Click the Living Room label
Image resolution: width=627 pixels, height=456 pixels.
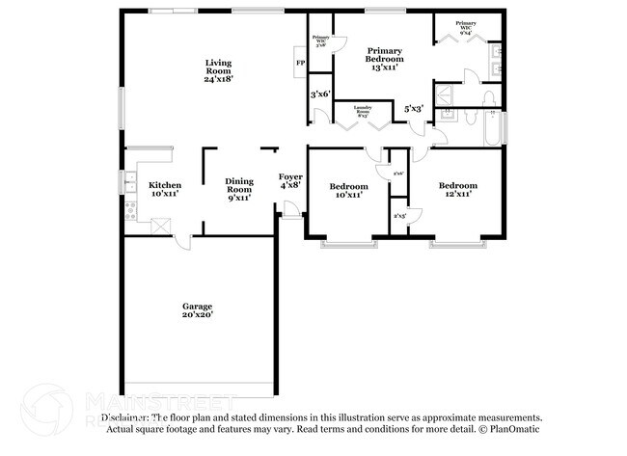pos(217,71)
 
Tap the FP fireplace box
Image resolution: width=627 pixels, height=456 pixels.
pos(300,65)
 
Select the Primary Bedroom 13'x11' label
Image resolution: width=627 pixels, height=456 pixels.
pos(383,59)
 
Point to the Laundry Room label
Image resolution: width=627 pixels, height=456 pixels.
pos(364,110)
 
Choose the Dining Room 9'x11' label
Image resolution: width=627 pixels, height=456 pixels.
pos(239,189)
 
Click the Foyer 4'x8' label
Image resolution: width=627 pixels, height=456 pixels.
pos(290,181)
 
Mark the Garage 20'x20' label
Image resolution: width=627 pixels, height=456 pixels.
pos(198,310)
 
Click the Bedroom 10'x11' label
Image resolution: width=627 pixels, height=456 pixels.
pos(348,190)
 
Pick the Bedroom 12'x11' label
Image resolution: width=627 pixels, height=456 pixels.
pos(457,190)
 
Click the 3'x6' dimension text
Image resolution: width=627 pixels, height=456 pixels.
pos(320,94)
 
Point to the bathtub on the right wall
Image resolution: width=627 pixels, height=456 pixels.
pos(492,129)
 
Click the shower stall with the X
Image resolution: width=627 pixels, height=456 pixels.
pos(447,94)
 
